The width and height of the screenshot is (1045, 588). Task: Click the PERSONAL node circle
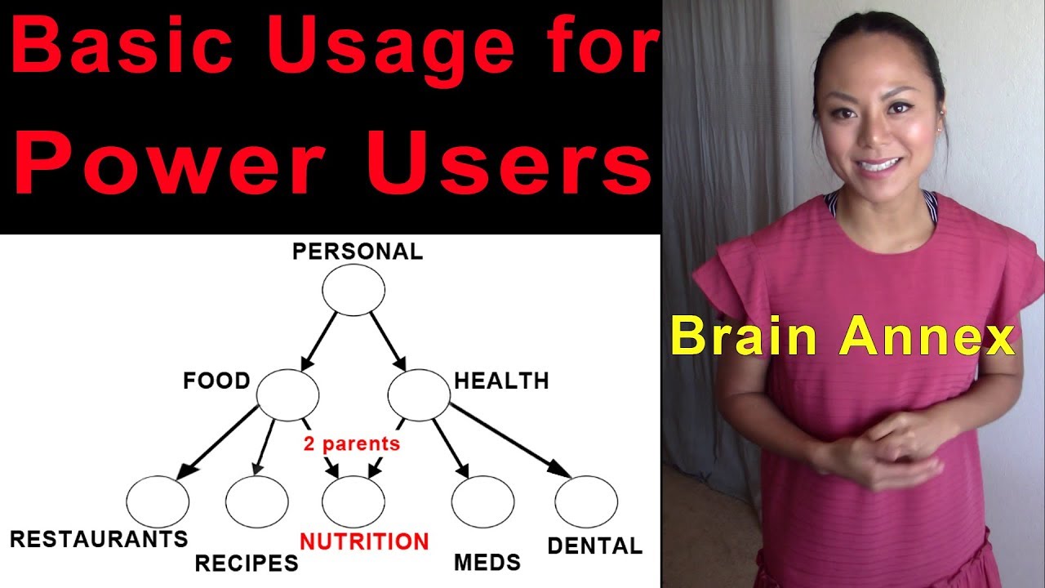click(x=353, y=290)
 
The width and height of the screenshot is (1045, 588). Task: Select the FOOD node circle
click(x=287, y=394)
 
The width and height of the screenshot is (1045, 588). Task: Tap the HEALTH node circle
click(x=418, y=394)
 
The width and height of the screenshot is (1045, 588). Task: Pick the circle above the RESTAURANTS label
click(x=158, y=501)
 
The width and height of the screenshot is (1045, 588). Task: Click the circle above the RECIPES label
click(x=256, y=501)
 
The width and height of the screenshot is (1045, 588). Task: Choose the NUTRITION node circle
click(x=353, y=501)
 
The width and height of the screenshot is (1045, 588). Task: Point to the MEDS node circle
click(x=482, y=501)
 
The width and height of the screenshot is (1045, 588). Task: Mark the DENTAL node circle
click(x=585, y=501)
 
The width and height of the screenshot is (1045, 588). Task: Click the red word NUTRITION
click(x=364, y=541)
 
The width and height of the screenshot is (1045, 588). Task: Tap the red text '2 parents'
click(x=352, y=444)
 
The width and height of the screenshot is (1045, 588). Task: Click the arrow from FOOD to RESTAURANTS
click(x=219, y=442)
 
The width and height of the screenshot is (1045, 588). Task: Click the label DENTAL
click(x=594, y=546)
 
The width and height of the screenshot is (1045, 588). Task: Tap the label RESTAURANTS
click(x=99, y=539)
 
